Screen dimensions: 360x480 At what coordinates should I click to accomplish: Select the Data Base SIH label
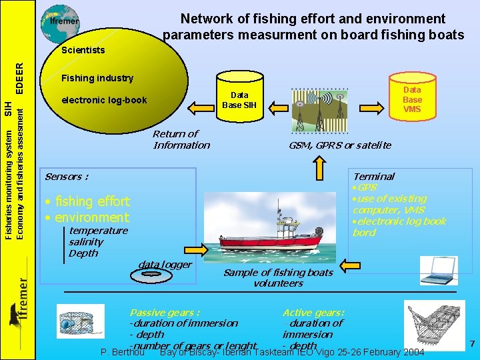click(x=239, y=100)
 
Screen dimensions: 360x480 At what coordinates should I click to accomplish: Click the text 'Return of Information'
click(x=181, y=139)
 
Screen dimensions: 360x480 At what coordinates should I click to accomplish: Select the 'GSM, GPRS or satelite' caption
click(x=339, y=145)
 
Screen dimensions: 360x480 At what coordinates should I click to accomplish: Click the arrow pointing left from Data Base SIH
click(x=199, y=105)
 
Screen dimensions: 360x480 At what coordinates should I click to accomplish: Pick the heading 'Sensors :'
click(x=66, y=177)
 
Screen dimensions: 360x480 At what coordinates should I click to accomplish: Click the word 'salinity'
click(x=86, y=242)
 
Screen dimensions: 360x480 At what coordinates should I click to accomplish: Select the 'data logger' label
click(x=164, y=265)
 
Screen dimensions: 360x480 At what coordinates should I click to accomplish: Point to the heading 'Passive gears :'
click(x=164, y=313)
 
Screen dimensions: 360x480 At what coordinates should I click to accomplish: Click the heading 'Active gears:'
click(x=313, y=313)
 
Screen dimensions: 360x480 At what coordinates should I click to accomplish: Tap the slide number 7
click(x=471, y=344)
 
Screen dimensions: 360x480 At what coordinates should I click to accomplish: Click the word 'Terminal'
click(x=373, y=177)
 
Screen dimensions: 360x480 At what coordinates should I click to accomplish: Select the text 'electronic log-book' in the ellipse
click(x=104, y=101)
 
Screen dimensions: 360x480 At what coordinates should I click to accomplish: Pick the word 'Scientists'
click(x=83, y=50)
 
